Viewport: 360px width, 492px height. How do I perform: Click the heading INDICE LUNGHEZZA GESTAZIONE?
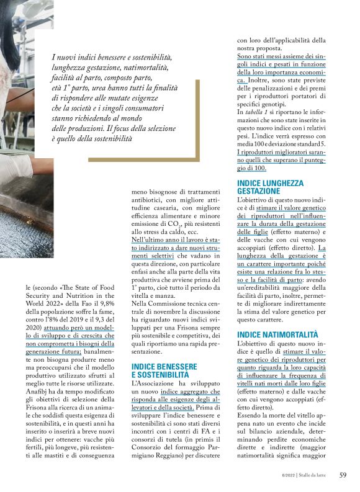point(271,187)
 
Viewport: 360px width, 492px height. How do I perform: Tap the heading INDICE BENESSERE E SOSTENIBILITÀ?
point(164,371)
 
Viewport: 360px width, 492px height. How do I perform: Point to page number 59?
point(343,475)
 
